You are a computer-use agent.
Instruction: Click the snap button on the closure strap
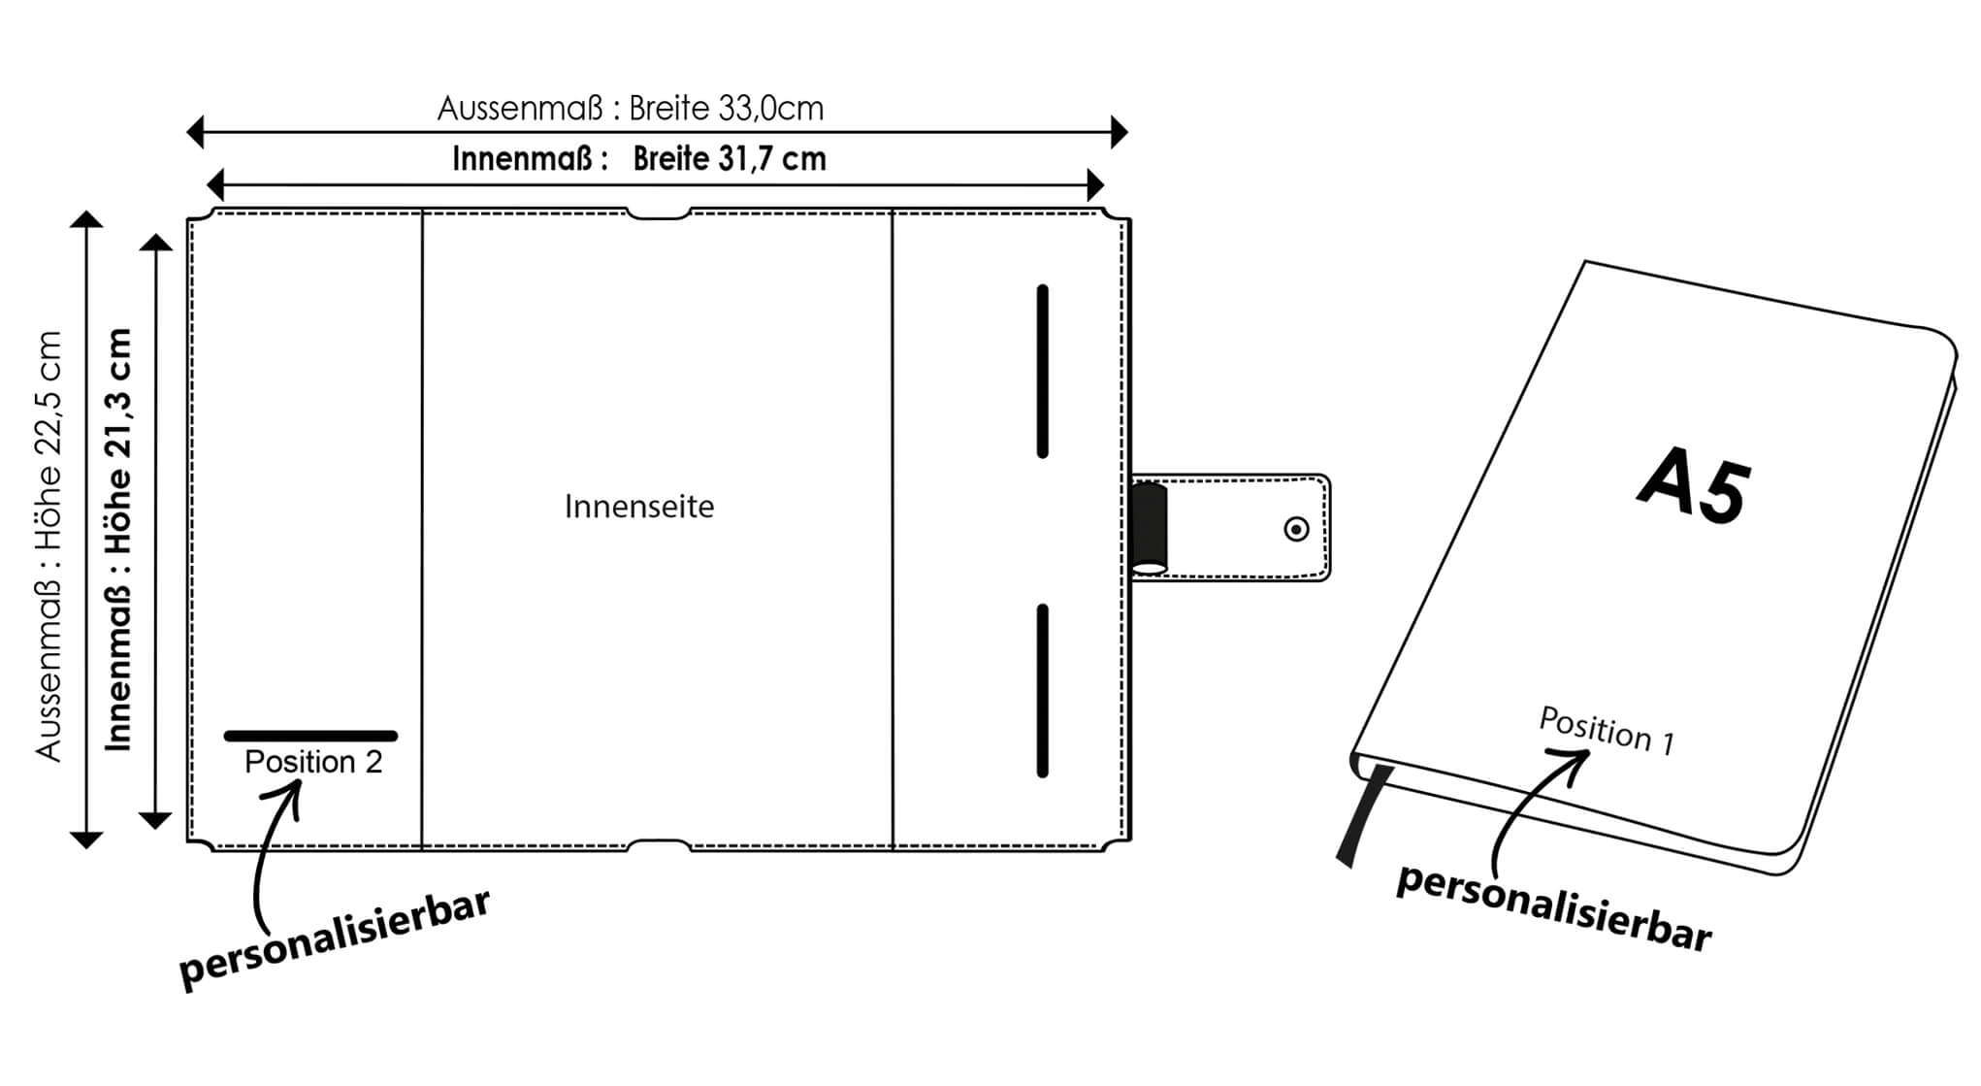(x=1296, y=529)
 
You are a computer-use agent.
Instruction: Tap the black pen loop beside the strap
(x=1150, y=527)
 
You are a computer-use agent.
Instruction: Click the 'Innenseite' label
(x=639, y=507)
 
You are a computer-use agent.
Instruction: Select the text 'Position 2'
(x=313, y=762)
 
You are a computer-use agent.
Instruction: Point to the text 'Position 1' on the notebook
(x=1607, y=730)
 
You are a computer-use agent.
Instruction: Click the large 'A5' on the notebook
(x=1695, y=487)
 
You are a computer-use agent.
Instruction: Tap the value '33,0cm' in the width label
(x=771, y=108)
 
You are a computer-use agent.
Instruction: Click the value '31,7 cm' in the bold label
(x=771, y=159)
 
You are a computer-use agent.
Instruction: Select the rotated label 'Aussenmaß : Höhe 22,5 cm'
(x=49, y=545)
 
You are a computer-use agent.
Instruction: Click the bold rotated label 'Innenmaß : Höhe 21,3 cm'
(x=118, y=540)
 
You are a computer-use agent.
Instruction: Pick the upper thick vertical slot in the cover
(x=1043, y=371)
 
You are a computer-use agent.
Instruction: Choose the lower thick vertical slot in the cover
(x=1043, y=690)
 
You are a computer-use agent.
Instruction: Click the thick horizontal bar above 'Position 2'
(x=310, y=736)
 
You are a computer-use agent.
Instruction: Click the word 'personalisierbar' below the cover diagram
(x=335, y=939)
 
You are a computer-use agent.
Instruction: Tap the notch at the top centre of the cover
(x=658, y=214)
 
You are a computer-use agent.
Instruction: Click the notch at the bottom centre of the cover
(x=659, y=844)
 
